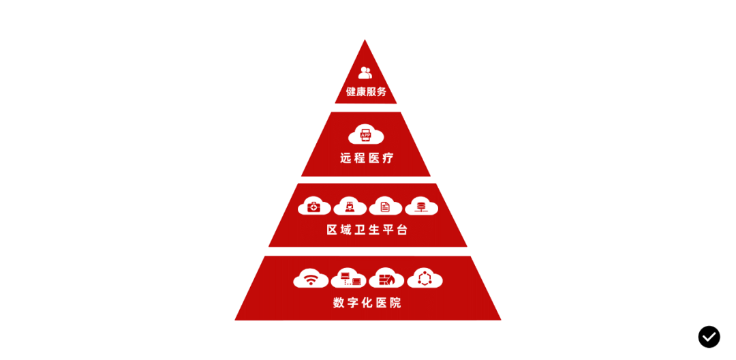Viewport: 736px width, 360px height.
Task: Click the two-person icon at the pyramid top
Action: [365, 72]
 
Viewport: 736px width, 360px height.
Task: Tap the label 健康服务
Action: [366, 91]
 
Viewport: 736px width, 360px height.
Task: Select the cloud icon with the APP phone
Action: [366, 134]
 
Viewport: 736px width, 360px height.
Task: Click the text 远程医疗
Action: [367, 158]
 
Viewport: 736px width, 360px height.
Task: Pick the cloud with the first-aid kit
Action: [314, 206]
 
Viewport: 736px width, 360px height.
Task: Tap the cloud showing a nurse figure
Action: [350, 206]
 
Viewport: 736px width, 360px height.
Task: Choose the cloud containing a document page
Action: [385, 206]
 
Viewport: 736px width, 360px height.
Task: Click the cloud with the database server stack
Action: [421, 206]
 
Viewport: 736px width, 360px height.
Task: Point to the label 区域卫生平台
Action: [367, 230]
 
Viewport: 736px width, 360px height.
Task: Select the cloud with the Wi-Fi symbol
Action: [311, 278]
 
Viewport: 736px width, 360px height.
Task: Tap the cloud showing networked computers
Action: [348, 278]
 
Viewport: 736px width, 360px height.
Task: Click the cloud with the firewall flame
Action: [386, 278]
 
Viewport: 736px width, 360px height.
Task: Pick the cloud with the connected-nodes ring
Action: [425, 278]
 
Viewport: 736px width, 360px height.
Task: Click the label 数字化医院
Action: [367, 303]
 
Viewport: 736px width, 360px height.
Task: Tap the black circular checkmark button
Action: [709, 337]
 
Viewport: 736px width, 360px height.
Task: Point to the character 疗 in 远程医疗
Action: [388, 158]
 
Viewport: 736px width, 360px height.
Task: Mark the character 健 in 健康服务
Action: [351, 91]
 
